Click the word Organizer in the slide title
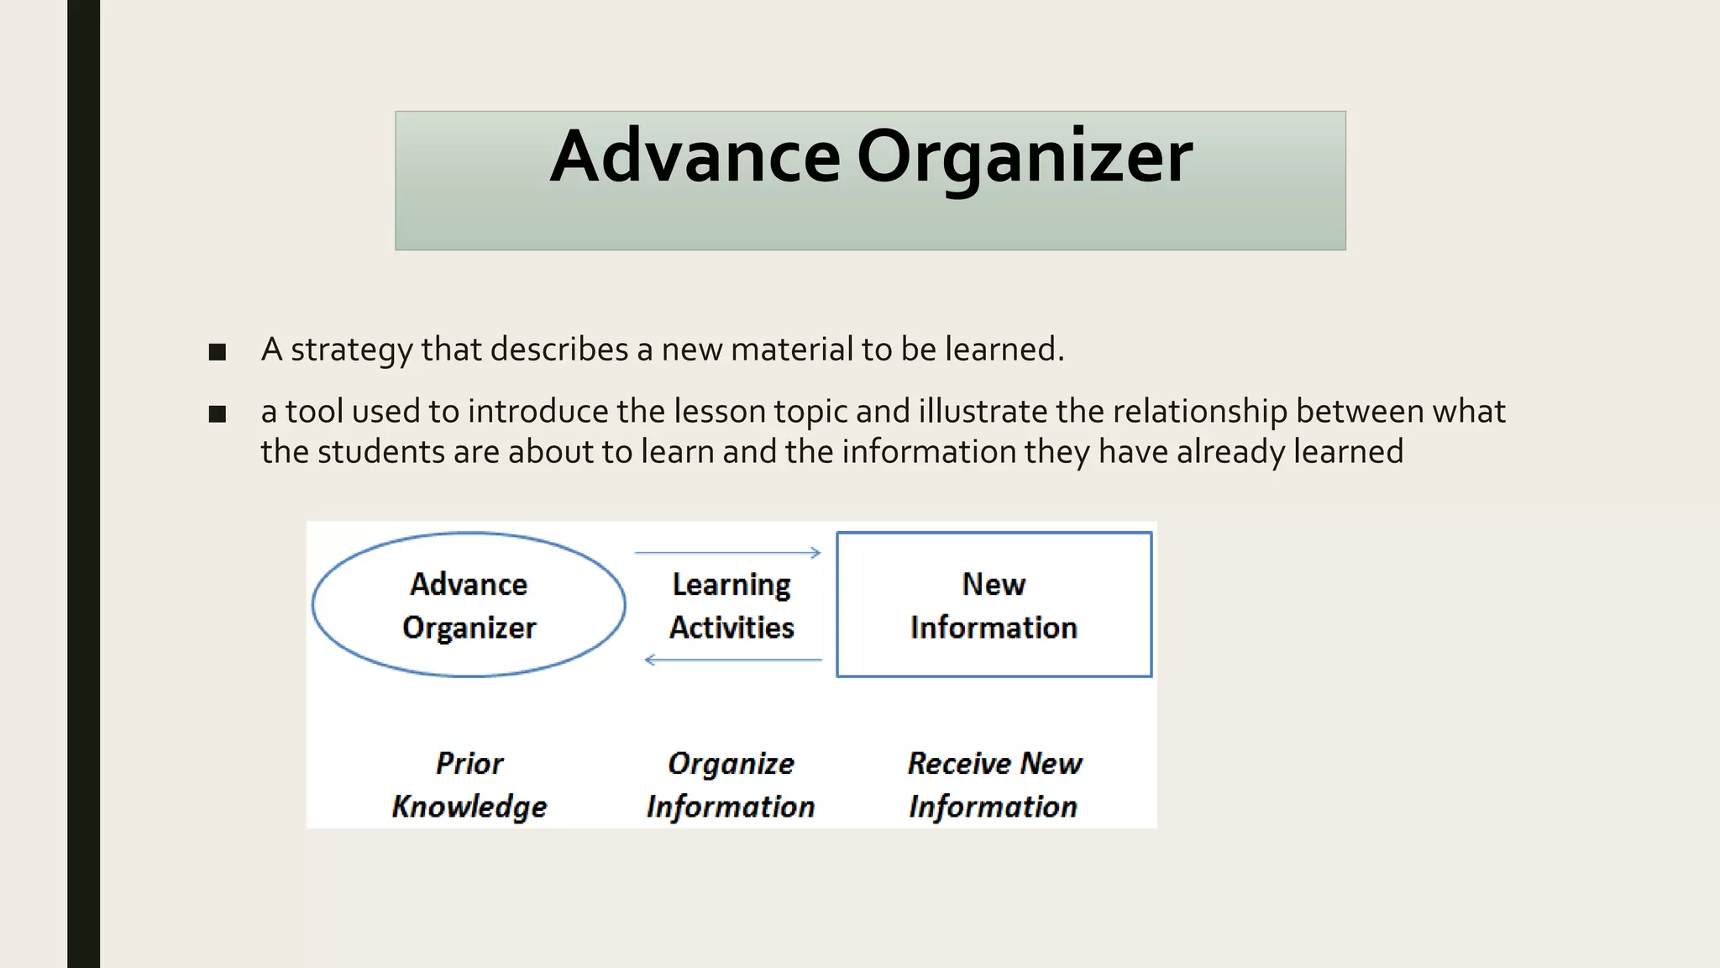1024,158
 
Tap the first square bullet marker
218,352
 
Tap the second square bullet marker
218,413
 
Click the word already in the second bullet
1230,452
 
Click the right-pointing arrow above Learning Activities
727,553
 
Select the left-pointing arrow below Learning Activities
732,660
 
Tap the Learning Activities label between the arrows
732,606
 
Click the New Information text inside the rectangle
994,606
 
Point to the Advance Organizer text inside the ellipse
469,606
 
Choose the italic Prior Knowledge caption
469,785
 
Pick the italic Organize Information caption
731,785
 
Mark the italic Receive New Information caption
994,785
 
